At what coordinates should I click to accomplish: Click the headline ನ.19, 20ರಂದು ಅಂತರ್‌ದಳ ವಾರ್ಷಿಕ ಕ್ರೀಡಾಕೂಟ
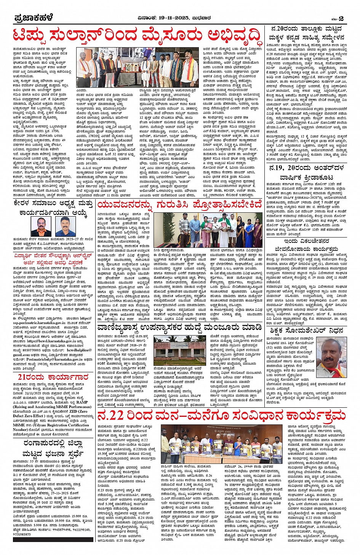(x=306, y=172)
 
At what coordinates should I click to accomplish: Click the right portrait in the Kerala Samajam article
(x=65, y=226)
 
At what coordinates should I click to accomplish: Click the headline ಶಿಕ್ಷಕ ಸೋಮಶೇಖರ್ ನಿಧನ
(x=306, y=331)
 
